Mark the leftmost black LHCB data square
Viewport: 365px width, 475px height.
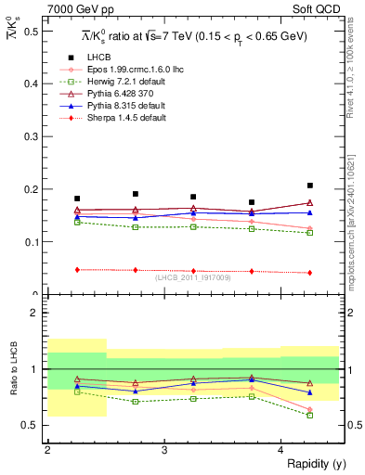tap(77, 199)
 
